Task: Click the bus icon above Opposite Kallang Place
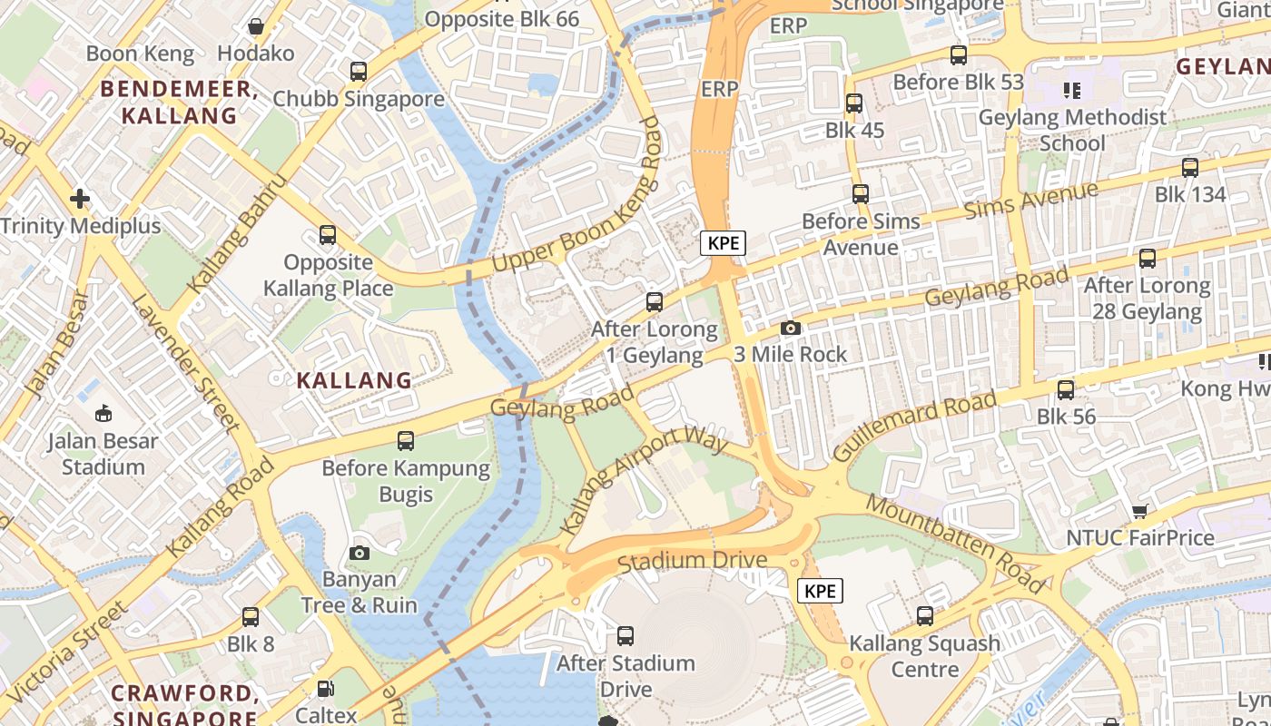point(328,236)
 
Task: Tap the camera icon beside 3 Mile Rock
point(791,328)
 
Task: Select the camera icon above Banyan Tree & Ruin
point(360,553)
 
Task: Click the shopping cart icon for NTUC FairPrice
point(1139,512)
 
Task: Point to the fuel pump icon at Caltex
point(326,689)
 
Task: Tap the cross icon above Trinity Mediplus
point(80,198)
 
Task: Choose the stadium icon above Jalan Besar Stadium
point(103,414)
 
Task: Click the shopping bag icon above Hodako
point(256,26)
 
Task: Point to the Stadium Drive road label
point(692,561)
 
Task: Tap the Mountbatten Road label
point(955,544)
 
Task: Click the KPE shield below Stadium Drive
point(820,591)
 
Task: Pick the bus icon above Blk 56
point(1066,390)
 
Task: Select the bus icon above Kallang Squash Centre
point(924,616)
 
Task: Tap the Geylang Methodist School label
point(1072,130)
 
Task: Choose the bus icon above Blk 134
point(1189,168)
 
